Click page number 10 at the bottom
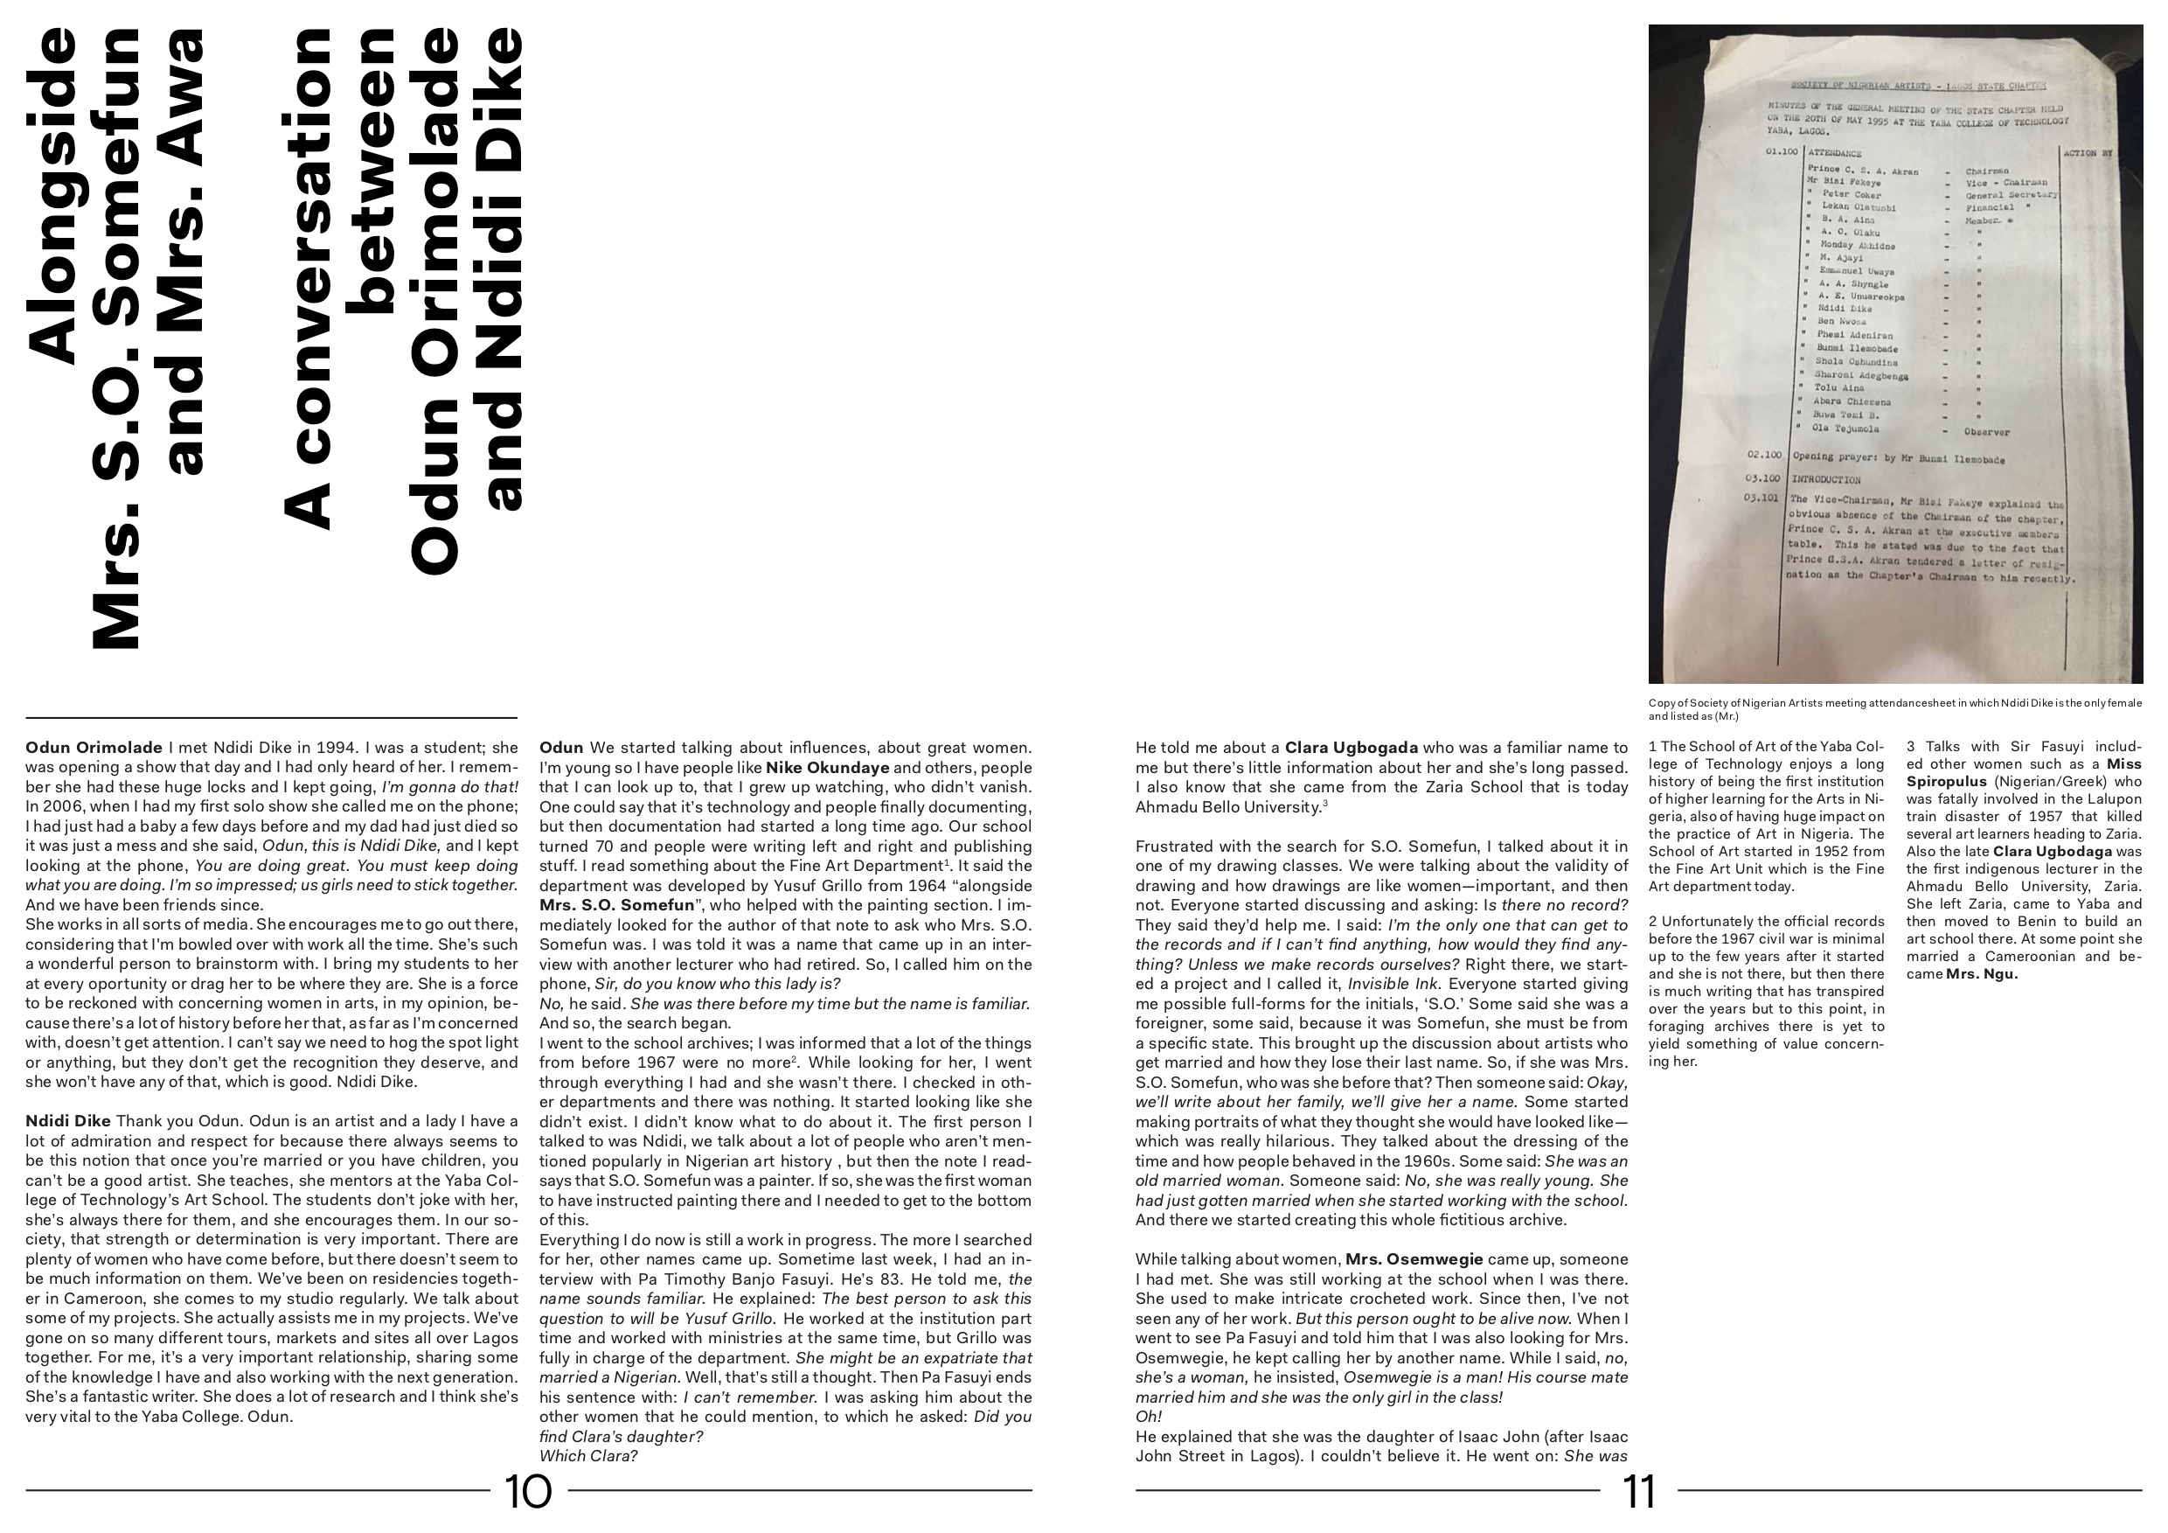pos(529,1493)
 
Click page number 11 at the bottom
pos(1639,1493)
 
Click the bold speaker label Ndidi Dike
pos(68,1121)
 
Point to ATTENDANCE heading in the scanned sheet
pos(1834,153)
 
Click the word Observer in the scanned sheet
pos(1987,433)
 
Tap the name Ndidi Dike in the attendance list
pos(1845,309)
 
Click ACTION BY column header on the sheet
pos(2088,153)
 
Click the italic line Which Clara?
pos(588,1455)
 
